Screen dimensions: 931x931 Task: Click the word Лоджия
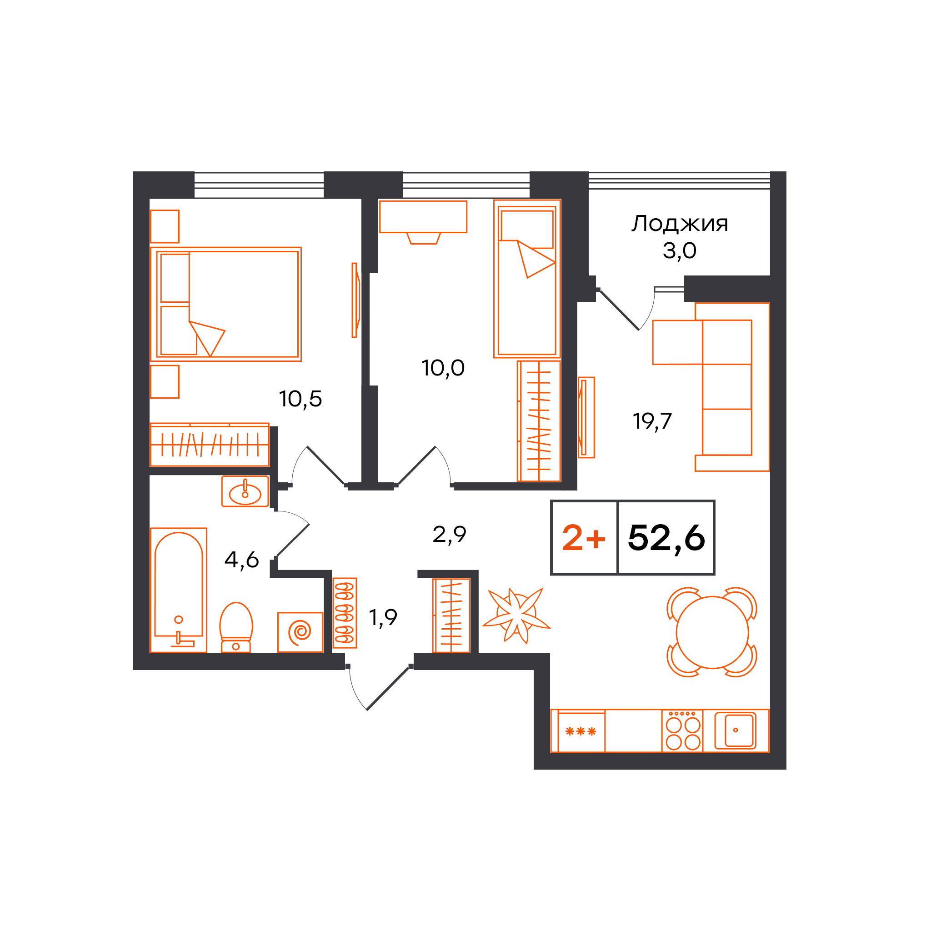(x=680, y=224)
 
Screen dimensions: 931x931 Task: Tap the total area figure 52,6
(x=666, y=538)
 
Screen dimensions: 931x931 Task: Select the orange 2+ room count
(x=584, y=538)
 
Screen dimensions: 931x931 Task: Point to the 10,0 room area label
(x=443, y=369)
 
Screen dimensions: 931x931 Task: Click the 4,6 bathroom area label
(x=241, y=560)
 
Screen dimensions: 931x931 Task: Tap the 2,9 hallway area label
(x=449, y=535)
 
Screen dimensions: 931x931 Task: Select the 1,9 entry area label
(x=383, y=618)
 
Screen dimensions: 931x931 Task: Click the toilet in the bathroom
(x=235, y=627)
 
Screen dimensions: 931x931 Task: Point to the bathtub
(x=178, y=591)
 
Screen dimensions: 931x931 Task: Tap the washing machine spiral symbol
(x=300, y=632)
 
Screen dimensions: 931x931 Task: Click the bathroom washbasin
(x=245, y=491)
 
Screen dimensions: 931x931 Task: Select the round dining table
(x=712, y=633)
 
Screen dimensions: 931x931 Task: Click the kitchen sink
(x=736, y=730)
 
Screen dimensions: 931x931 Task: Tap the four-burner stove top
(x=682, y=731)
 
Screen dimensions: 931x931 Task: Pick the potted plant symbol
(x=516, y=616)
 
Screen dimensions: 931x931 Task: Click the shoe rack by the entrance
(x=345, y=613)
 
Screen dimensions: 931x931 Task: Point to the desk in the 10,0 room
(x=423, y=217)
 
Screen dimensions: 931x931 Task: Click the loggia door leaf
(x=619, y=310)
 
